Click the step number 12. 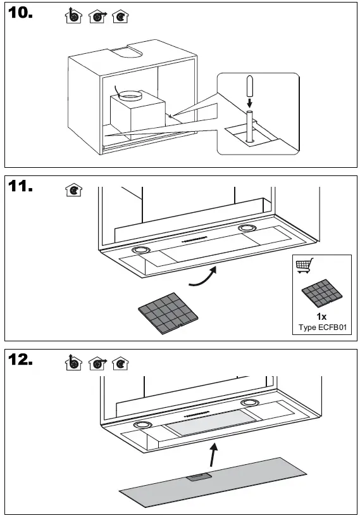click(x=22, y=361)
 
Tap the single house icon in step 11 click(x=73, y=190)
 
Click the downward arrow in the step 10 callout click(x=250, y=101)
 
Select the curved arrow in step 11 click(x=204, y=277)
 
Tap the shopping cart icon click(x=306, y=267)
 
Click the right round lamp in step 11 click(x=246, y=228)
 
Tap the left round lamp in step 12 click(x=142, y=425)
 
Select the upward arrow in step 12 click(x=216, y=455)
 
